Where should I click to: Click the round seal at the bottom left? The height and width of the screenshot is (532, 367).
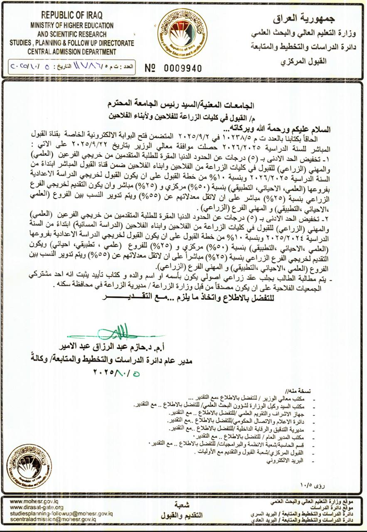(x=29, y=465)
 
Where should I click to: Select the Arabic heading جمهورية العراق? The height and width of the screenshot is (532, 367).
(x=304, y=19)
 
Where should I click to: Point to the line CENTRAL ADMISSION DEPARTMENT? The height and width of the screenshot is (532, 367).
(x=72, y=52)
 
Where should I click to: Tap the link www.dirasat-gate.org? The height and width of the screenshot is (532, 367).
(x=37, y=507)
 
